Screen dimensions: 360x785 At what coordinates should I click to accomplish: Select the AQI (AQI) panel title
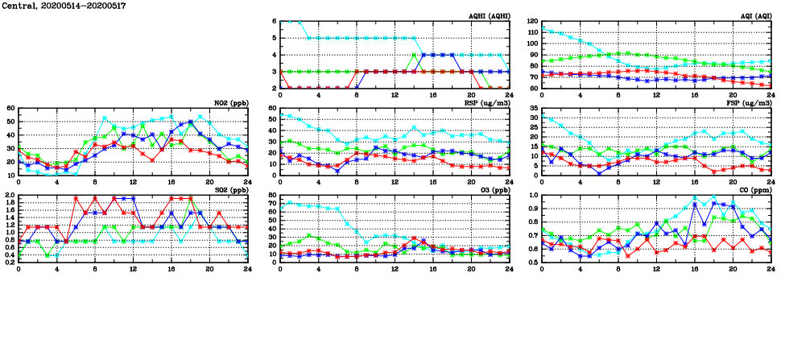pyautogui.click(x=754, y=16)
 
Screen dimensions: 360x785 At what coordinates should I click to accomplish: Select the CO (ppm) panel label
pyautogui.click(x=754, y=190)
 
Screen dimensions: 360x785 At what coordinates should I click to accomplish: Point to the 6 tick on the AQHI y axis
pyautogui.click(x=275, y=22)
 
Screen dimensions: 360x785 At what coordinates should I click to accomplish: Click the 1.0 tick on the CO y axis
pyautogui.click(x=533, y=196)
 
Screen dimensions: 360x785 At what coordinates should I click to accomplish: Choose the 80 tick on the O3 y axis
pyautogui.click(x=273, y=196)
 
